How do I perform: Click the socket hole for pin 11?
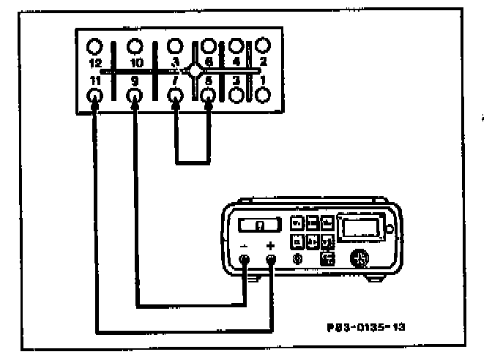click(x=95, y=95)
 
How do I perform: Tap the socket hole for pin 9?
click(x=135, y=95)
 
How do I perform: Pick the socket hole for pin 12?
click(x=95, y=48)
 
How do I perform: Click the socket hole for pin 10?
click(x=135, y=48)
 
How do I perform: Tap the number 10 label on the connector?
click(x=135, y=64)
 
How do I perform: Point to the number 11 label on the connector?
click(x=94, y=80)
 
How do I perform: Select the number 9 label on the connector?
click(x=134, y=80)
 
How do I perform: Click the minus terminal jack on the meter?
click(x=245, y=258)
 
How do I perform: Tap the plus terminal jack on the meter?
click(x=272, y=258)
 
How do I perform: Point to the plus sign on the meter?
click(x=272, y=245)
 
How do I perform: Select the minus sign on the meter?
click(x=245, y=245)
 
